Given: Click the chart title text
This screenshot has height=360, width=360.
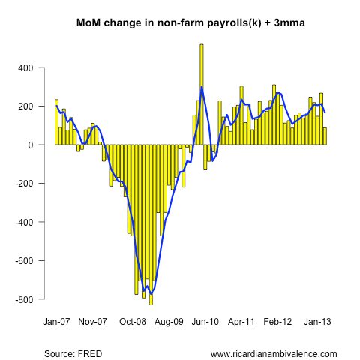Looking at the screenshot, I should [x=190, y=23].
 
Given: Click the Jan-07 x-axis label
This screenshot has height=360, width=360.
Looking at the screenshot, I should [x=56, y=322].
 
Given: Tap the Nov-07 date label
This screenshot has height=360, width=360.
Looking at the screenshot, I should [x=93, y=322].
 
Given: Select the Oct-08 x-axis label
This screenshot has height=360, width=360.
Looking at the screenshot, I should [x=133, y=322].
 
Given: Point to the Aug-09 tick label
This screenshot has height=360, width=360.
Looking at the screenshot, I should [x=169, y=322].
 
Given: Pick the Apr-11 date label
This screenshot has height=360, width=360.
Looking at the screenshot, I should [x=241, y=322].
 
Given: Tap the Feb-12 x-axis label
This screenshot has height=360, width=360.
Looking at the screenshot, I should [x=278, y=322].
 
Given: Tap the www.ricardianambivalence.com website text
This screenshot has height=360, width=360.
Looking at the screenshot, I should [x=274, y=353].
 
